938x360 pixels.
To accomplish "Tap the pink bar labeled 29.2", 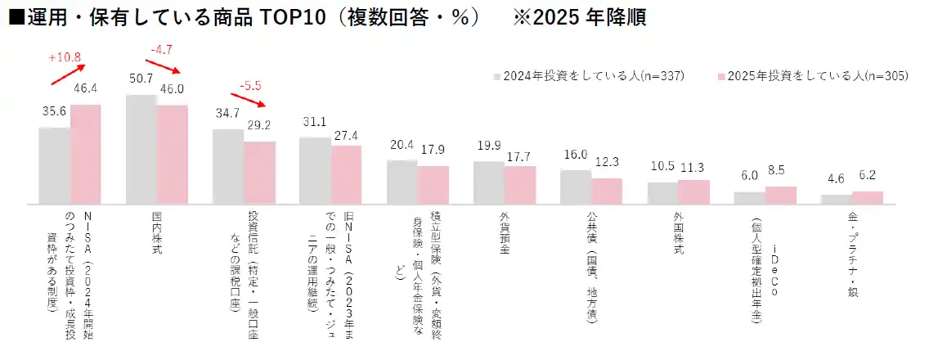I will pyautogui.click(x=259, y=173).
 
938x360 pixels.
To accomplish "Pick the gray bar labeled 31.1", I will pyautogui.click(x=315, y=170).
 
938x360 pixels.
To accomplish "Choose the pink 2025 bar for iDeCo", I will pyautogui.click(x=781, y=195).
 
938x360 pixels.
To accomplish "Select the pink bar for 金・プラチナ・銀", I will pyautogui.click(x=868, y=197).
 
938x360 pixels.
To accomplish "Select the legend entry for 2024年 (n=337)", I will pyautogui.click(x=589, y=76).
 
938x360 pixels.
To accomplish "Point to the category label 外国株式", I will pyautogui.click(x=678, y=233).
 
